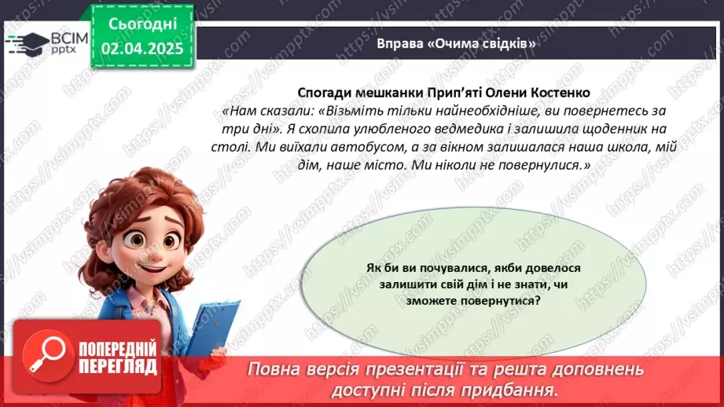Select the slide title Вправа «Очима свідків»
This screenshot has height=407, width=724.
[455, 43]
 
